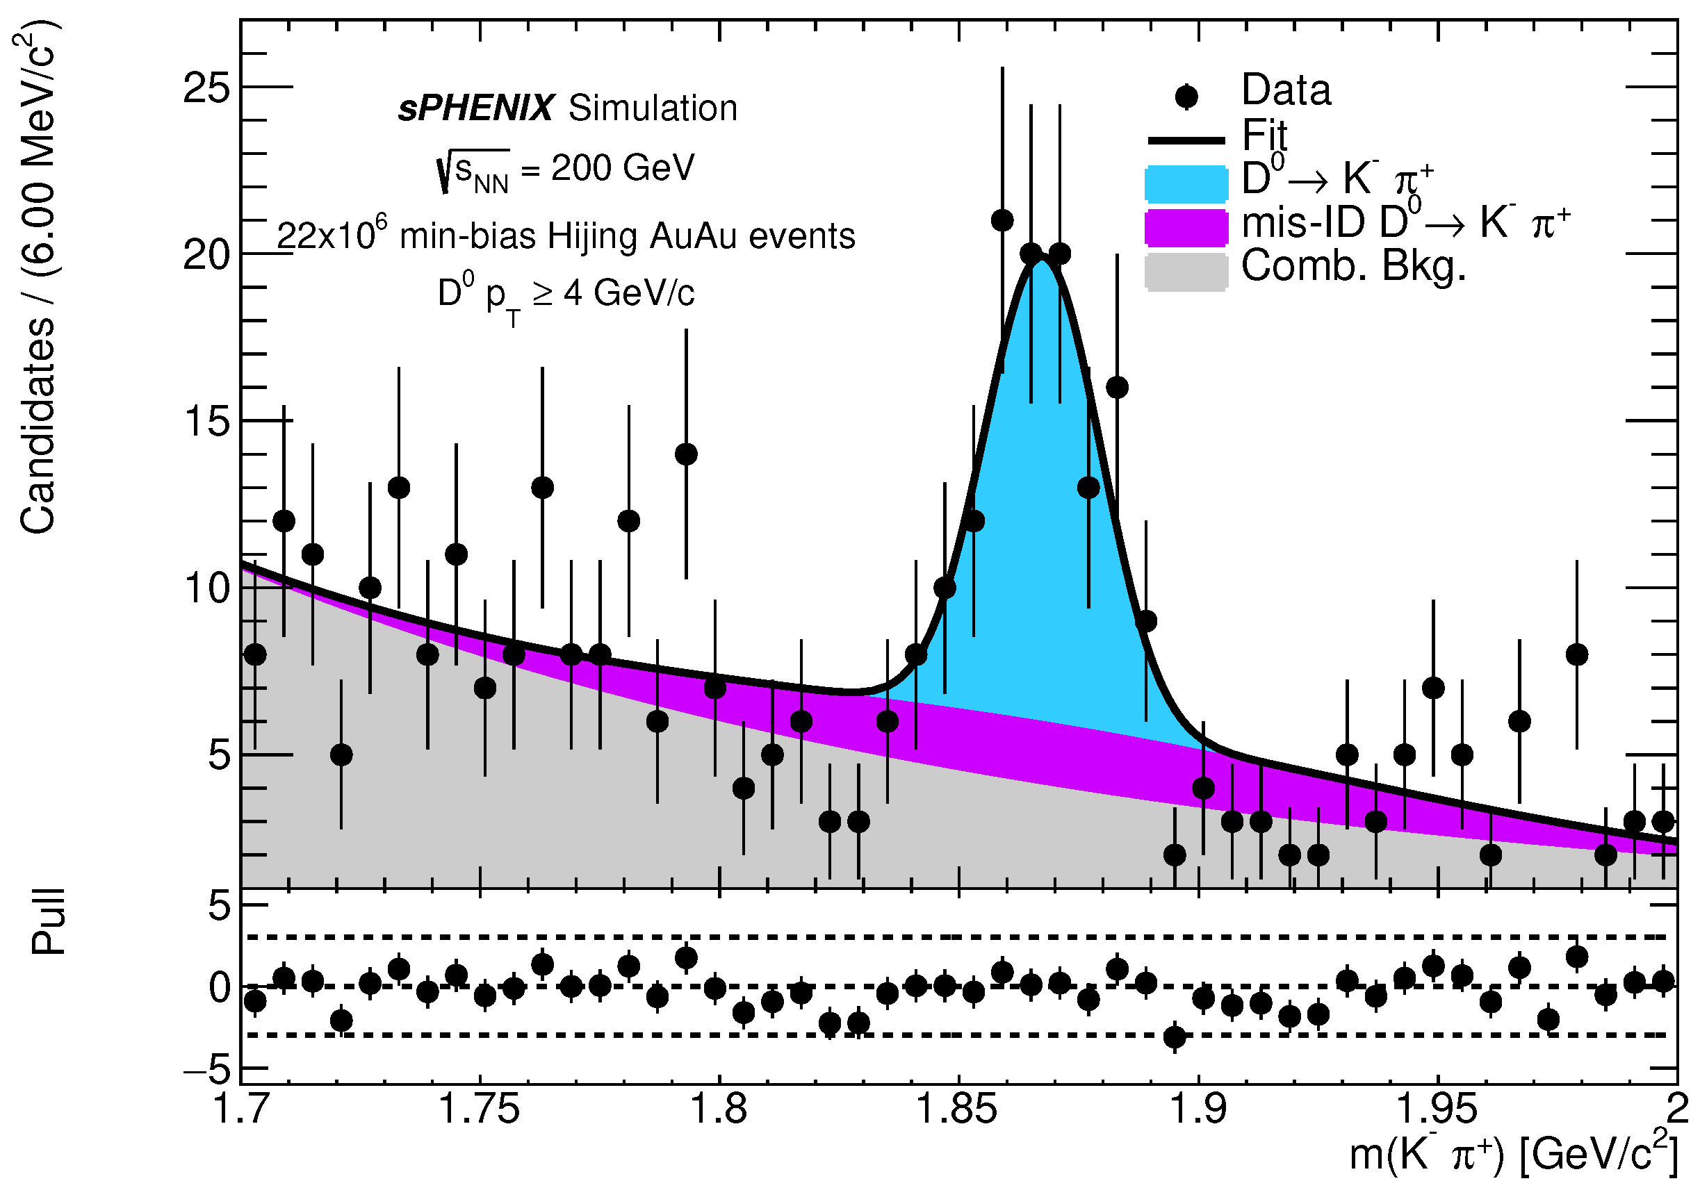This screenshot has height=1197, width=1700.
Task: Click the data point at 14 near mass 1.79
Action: tap(687, 454)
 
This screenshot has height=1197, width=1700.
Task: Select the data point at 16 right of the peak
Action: tap(1118, 387)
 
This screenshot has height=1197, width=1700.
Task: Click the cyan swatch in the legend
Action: tap(1186, 184)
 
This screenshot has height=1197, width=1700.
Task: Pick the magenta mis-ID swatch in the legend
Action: tap(1186, 228)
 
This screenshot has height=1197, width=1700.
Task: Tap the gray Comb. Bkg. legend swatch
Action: tap(1186, 272)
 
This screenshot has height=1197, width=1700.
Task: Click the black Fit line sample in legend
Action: tap(1186, 140)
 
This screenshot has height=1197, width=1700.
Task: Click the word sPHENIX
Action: tap(475, 109)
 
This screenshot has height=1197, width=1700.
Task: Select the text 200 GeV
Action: tap(623, 168)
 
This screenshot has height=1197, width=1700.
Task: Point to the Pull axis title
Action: tap(49, 922)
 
